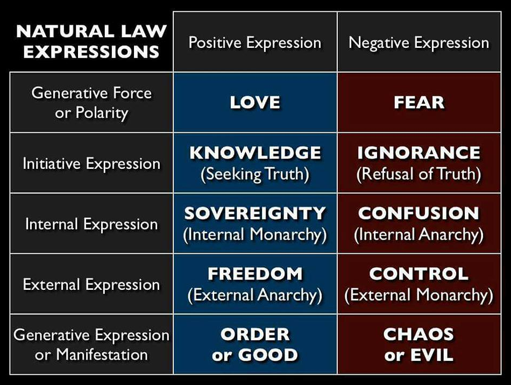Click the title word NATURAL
tap(65, 32)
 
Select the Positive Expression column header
tap(255, 43)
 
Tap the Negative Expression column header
tap(419, 43)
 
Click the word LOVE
tap(255, 102)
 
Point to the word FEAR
tap(419, 102)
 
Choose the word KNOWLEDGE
tap(255, 153)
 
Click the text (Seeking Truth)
tap(255, 174)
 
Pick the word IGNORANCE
tap(419, 153)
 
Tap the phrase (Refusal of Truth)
tap(419, 174)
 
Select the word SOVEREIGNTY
tap(255, 213)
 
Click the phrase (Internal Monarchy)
tap(255, 234)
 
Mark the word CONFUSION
tap(419, 213)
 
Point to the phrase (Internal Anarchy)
tap(419, 234)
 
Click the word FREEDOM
tap(255, 274)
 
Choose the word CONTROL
tap(419, 274)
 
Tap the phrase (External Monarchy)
tap(419, 295)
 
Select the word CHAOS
tap(419, 334)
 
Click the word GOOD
tap(268, 355)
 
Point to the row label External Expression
tap(91, 285)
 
